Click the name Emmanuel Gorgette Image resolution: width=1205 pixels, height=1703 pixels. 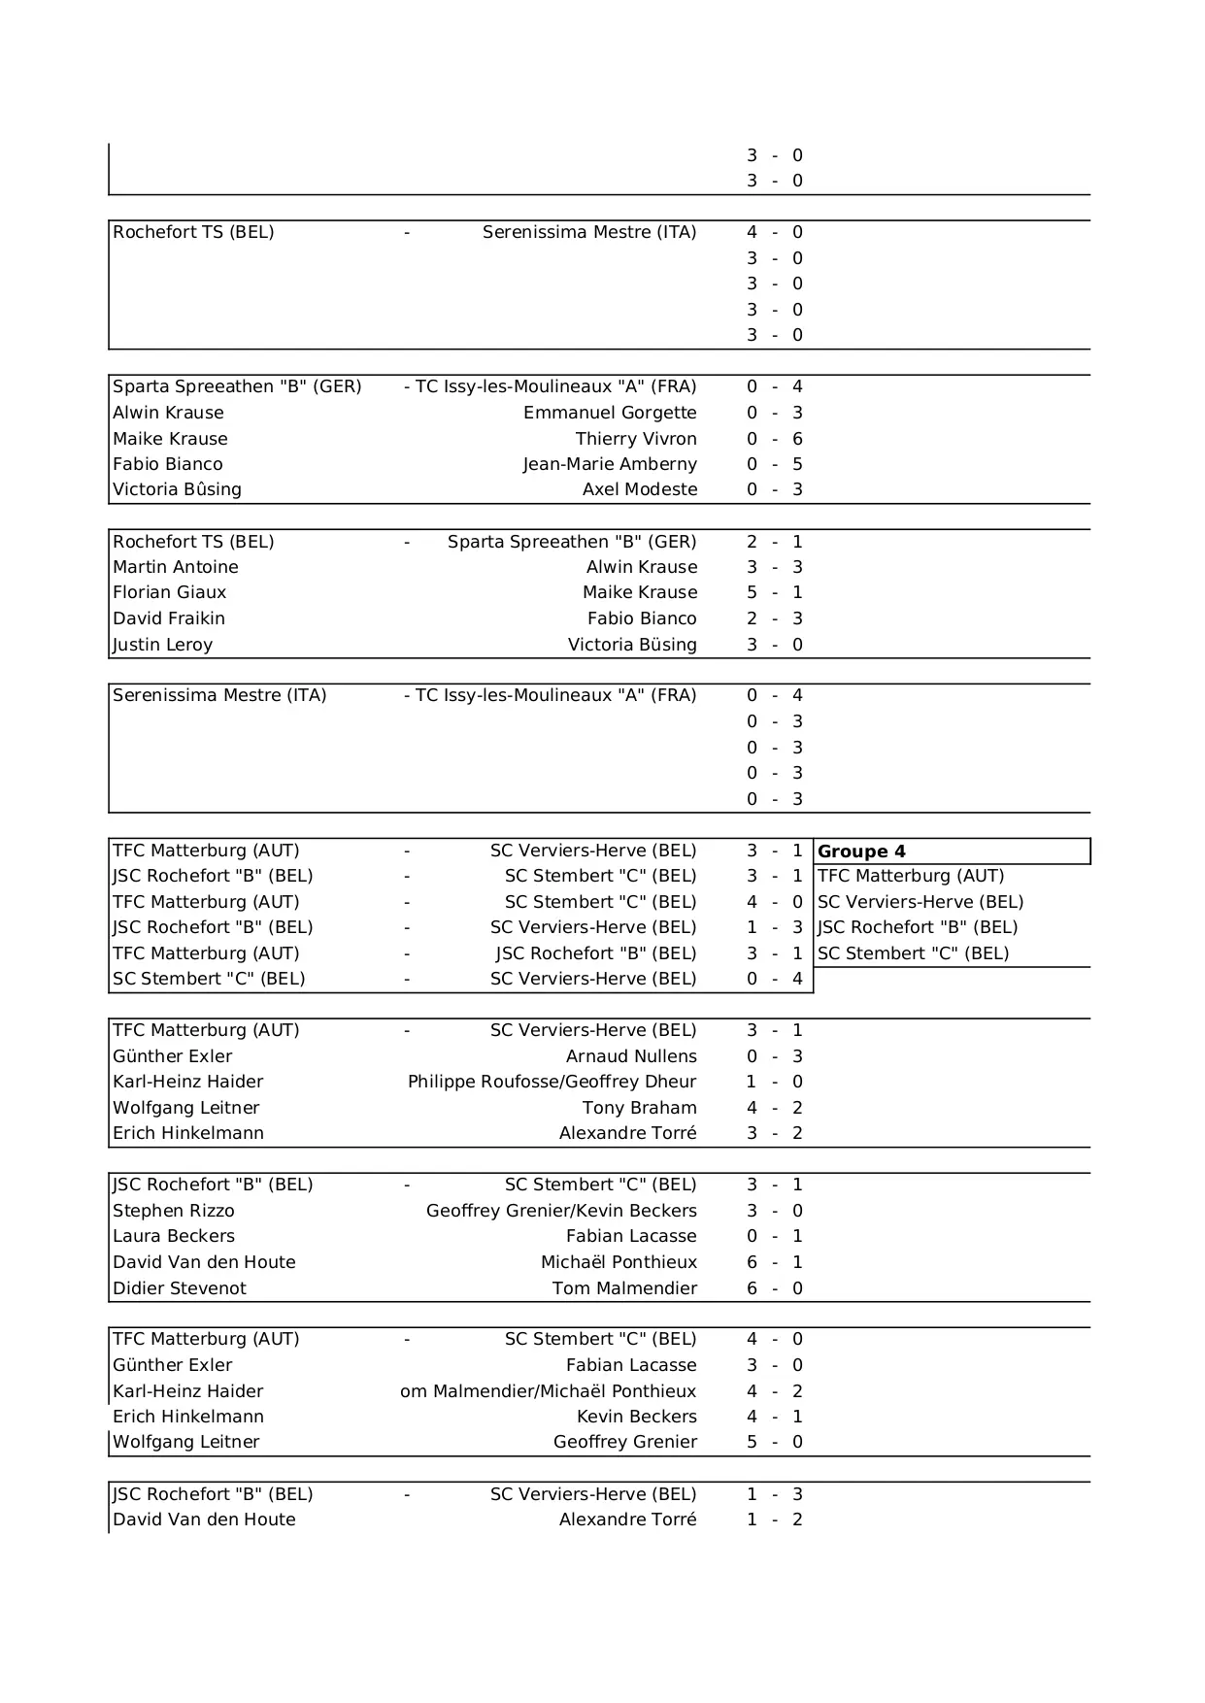coord(610,413)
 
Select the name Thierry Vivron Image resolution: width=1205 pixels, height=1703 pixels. coord(636,439)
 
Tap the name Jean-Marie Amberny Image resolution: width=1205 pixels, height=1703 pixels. coord(610,464)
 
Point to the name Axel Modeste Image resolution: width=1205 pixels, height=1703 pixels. coord(640,489)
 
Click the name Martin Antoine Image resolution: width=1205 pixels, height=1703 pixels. coord(176,567)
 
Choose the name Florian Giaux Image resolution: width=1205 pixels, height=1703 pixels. coord(170,592)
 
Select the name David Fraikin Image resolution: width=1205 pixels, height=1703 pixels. coord(169,618)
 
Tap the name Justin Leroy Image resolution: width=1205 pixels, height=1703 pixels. coord(163,645)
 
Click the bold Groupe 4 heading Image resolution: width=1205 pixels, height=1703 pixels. coord(862,851)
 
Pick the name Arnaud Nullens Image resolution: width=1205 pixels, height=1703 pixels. coord(631,1056)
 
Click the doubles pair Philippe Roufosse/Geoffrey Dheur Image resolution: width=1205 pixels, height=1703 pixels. coord(552,1082)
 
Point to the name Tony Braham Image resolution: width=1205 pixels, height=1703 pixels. coord(640,1108)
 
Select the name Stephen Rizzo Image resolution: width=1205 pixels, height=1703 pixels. coord(174,1211)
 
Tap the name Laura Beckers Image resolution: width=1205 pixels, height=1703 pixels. coord(174,1236)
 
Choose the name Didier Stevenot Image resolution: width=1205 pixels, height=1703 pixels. coord(180,1288)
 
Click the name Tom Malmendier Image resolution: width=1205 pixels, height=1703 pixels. coord(624,1288)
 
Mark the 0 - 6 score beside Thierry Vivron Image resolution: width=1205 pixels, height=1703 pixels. coord(775,439)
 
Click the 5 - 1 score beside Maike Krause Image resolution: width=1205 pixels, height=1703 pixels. coord(775,592)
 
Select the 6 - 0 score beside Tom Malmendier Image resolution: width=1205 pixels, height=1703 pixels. coord(775,1288)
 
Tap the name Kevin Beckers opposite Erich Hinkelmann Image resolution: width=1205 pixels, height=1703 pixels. coord(637,1417)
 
